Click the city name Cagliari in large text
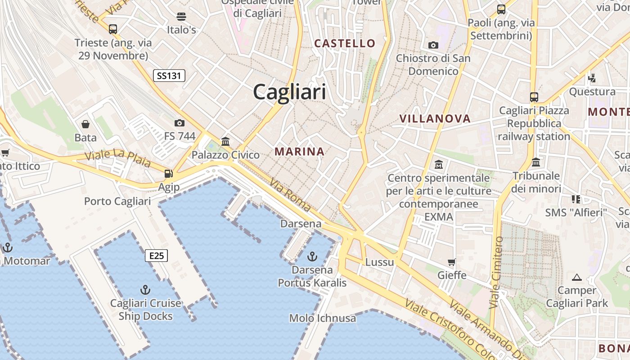pos(289,92)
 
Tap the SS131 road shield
pos(169,76)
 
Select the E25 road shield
pos(157,256)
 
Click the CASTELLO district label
pos(345,43)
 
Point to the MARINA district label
pos(300,152)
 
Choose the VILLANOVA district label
pos(435,119)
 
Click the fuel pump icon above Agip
pos(168,173)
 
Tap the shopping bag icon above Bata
pos(85,124)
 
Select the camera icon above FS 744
pos(180,123)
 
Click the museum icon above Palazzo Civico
pos(225,141)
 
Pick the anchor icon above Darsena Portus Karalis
pos(312,256)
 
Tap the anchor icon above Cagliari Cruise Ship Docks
pos(145,289)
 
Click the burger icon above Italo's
pos(181,17)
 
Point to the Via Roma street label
pos(291,194)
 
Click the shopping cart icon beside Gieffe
pos(452,262)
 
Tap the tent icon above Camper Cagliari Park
pos(577,277)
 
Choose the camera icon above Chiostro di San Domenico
pos(433,45)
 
